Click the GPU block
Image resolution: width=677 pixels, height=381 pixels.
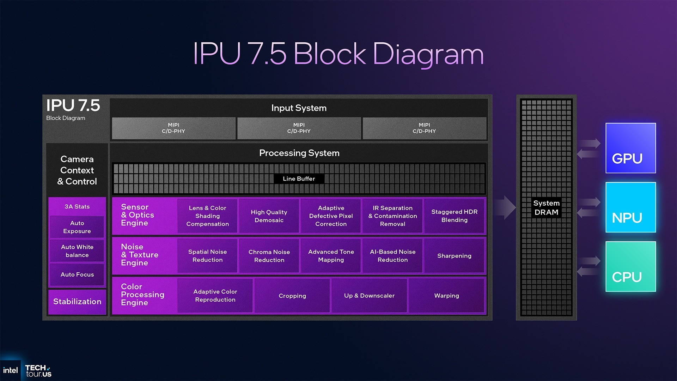tap(630, 148)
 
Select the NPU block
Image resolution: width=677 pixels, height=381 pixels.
tap(630, 207)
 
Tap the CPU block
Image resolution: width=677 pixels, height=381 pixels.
tap(630, 267)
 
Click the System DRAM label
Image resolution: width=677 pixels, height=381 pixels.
tap(546, 207)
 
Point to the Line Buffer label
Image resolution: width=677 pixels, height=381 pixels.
tap(299, 179)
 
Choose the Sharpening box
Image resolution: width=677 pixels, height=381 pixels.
tap(454, 256)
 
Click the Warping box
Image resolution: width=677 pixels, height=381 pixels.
tap(446, 296)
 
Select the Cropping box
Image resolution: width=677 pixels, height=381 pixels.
tap(292, 296)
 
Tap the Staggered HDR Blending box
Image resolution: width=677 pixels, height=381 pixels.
tap(454, 216)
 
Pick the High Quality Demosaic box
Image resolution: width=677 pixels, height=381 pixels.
tap(269, 216)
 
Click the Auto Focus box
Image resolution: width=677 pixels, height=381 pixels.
tap(77, 274)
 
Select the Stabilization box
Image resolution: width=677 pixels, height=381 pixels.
tap(77, 302)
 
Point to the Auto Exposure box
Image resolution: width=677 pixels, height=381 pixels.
tap(77, 227)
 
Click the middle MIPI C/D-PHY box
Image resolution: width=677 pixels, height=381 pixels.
tap(299, 128)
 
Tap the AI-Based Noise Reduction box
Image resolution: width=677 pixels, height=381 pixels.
tap(392, 256)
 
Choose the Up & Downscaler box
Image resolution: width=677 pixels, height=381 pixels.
tap(369, 296)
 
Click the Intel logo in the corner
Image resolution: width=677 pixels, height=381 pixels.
tap(10, 370)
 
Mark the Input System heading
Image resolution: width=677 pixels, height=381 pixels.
tap(299, 108)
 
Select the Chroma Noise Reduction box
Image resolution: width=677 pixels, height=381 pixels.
tap(269, 256)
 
